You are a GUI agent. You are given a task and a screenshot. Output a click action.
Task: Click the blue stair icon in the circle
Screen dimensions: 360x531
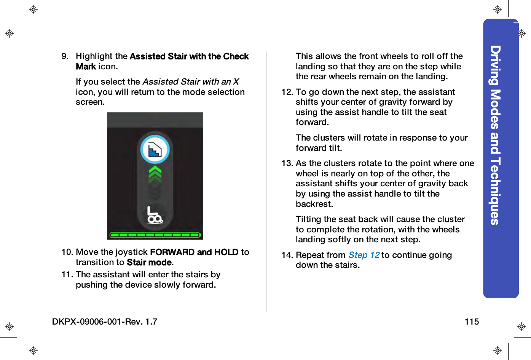click(155, 150)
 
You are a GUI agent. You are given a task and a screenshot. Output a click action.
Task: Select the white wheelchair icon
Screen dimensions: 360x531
click(155, 215)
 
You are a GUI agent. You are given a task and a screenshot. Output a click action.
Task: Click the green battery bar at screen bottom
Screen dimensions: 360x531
click(155, 235)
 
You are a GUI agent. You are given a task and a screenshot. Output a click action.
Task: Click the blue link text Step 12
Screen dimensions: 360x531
click(364, 255)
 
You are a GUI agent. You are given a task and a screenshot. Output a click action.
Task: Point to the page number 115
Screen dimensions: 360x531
click(471, 322)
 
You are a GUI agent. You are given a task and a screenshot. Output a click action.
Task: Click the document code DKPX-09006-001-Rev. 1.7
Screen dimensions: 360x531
click(105, 322)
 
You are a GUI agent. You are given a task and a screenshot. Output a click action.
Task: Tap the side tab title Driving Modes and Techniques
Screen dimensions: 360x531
click(495, 135)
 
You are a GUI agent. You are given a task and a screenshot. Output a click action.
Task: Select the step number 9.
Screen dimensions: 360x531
click(65, 56)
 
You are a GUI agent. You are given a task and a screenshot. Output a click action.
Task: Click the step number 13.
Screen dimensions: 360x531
click(287, 163)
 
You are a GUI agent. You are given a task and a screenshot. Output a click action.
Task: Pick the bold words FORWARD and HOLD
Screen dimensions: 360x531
click(194, 252)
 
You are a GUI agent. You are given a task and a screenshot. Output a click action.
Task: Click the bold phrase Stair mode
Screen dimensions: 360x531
click(150, 262)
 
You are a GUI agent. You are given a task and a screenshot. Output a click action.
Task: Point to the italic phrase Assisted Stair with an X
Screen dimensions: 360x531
click(191, 82)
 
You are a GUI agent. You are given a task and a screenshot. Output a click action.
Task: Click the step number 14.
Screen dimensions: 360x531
click(287, 255)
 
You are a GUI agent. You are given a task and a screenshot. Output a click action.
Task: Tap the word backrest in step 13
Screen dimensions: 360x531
click(314, 204)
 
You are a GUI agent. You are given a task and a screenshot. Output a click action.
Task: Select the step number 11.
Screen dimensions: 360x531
click(67, 275)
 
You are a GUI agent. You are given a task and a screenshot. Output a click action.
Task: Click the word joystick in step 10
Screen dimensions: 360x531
click(131, 252)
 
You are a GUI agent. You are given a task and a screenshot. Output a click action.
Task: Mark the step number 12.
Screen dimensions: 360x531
click(287, 92)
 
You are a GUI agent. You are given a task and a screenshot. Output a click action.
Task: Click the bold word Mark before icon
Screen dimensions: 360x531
click(86, 67)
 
